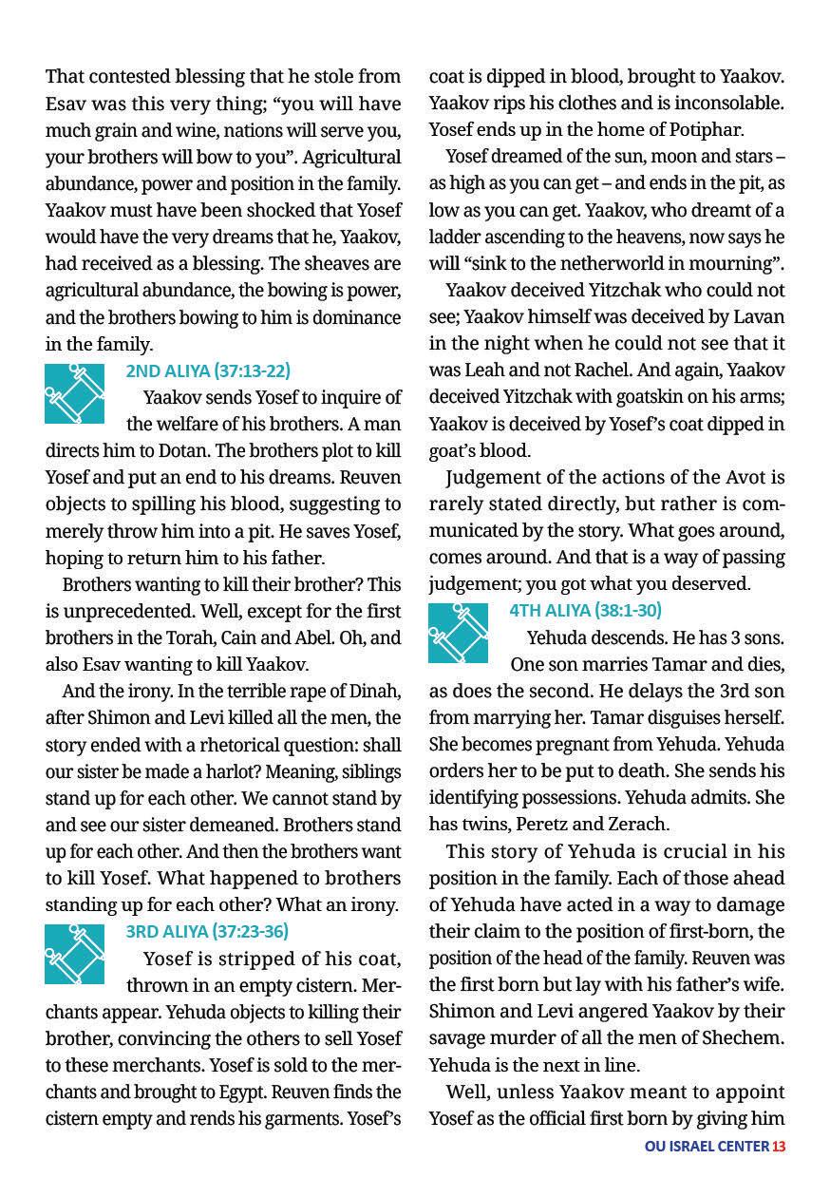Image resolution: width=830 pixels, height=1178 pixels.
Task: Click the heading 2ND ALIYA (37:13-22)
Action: click(x=208, y=370)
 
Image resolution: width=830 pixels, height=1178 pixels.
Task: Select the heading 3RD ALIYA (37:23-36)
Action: click(x=207, y=931)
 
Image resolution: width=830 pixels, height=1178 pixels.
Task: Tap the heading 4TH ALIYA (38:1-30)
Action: click(x=585, y=610)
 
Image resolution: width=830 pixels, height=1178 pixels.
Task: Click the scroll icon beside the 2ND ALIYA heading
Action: click(x=74, y=393)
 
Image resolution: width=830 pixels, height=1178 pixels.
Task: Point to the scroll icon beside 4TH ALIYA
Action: click(x=458, y=633)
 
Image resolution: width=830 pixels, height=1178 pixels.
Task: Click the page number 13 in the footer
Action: click(x=779, y=1146)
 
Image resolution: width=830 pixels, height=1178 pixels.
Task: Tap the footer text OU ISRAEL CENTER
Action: click(x=707, y=1146)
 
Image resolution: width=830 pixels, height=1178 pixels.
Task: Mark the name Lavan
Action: click(x=760, y=316)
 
